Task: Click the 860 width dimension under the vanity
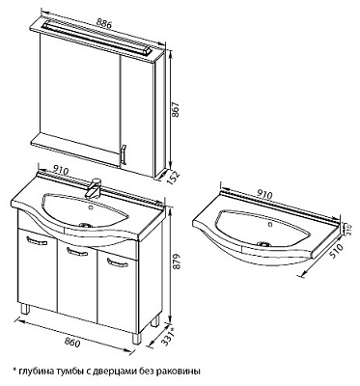tap(72, 343)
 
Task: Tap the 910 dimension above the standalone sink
tap(265, 194)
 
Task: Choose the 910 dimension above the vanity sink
tap(61, 171)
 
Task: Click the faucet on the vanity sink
tap(94, 188)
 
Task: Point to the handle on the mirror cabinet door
tap(123, 155)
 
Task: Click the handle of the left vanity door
tap(36, 241)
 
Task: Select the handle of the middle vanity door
tap(76, 252)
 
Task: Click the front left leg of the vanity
tap(25, 309)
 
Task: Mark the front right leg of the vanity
tap(137, 339)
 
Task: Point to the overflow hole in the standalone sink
tap(269, 223)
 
